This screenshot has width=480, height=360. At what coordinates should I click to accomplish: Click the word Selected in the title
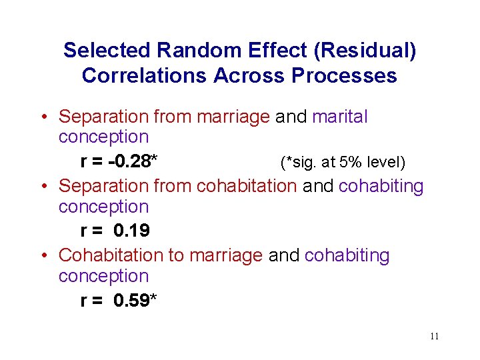click(107, 50)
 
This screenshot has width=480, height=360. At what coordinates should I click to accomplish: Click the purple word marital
click(339, 117)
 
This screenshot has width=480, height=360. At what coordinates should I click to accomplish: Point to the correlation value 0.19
click(131, 231)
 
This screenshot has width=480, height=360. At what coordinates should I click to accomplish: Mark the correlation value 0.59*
click(135, 300)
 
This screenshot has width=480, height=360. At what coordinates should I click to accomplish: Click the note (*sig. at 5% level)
click(343, 162)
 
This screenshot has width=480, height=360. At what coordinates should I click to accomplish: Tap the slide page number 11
click(434, 337)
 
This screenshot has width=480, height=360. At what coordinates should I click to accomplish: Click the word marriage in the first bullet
click(236, 117)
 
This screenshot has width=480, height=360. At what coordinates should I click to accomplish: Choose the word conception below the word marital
click(103, 137)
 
